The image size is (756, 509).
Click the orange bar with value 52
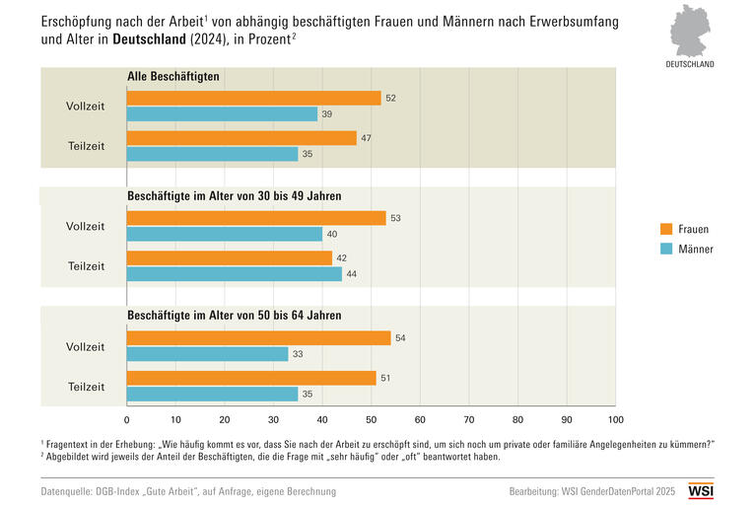click(x=253, y=98)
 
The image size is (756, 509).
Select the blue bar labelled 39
click(x=222, y=114)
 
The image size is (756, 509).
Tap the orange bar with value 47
click(x=241, y=138)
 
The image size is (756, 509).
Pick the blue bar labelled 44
click(x=235, y=274)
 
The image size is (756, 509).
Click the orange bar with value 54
click(x=258, y=337)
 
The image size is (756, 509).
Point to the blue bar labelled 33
click(x=207, y=354)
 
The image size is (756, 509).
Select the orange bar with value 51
click(x=251, y=378)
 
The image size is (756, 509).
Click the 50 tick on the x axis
click(x=372, y=417)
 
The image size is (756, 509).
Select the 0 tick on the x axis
click(x=127, y=417)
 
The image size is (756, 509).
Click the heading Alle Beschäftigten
click(x=173, y=76)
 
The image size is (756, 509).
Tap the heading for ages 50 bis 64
click(x=235, y=316)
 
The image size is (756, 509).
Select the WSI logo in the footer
click(x=701, y=490)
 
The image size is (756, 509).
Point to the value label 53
click(x=394, y=218)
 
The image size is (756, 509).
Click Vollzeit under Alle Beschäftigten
click(x=85, y=106)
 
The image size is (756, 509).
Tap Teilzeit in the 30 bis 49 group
click(x=87, y=266)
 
